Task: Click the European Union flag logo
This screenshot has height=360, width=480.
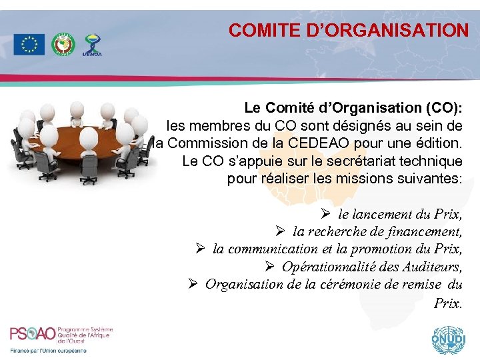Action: tap(29, 44)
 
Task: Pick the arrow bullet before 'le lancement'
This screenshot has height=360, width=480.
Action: tap(325, 215)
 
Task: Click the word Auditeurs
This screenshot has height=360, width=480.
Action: tap(432, 267)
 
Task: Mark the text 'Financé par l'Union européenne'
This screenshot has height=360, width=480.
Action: tap(48, 351)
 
